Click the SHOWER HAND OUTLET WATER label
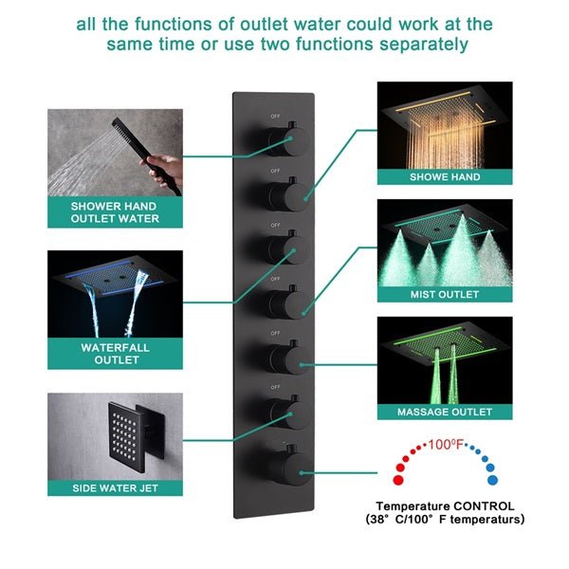(115, 211)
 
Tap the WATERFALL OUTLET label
(114, 354)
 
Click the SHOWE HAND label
(444, 176)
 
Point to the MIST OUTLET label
(444, 295)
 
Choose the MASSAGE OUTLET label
(444, 413)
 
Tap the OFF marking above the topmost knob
(276, 117)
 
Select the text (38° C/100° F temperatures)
(444, 520)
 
